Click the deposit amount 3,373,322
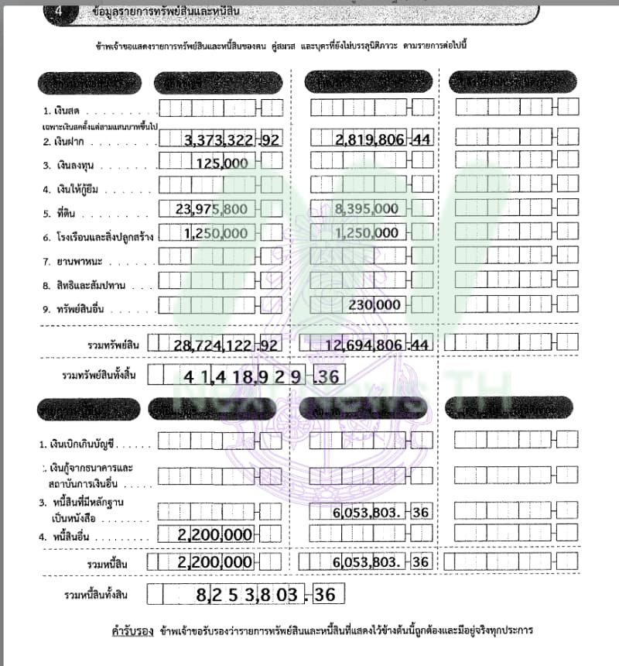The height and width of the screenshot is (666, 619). [221, 140]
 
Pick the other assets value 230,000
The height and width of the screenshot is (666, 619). [374, 305]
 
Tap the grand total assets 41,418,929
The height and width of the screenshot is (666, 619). [248, 377]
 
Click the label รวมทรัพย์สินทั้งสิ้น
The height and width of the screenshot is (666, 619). [99, 376]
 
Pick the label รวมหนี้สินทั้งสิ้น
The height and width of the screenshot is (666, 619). [100, 595]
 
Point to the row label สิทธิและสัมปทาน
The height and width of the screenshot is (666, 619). [81, 283]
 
